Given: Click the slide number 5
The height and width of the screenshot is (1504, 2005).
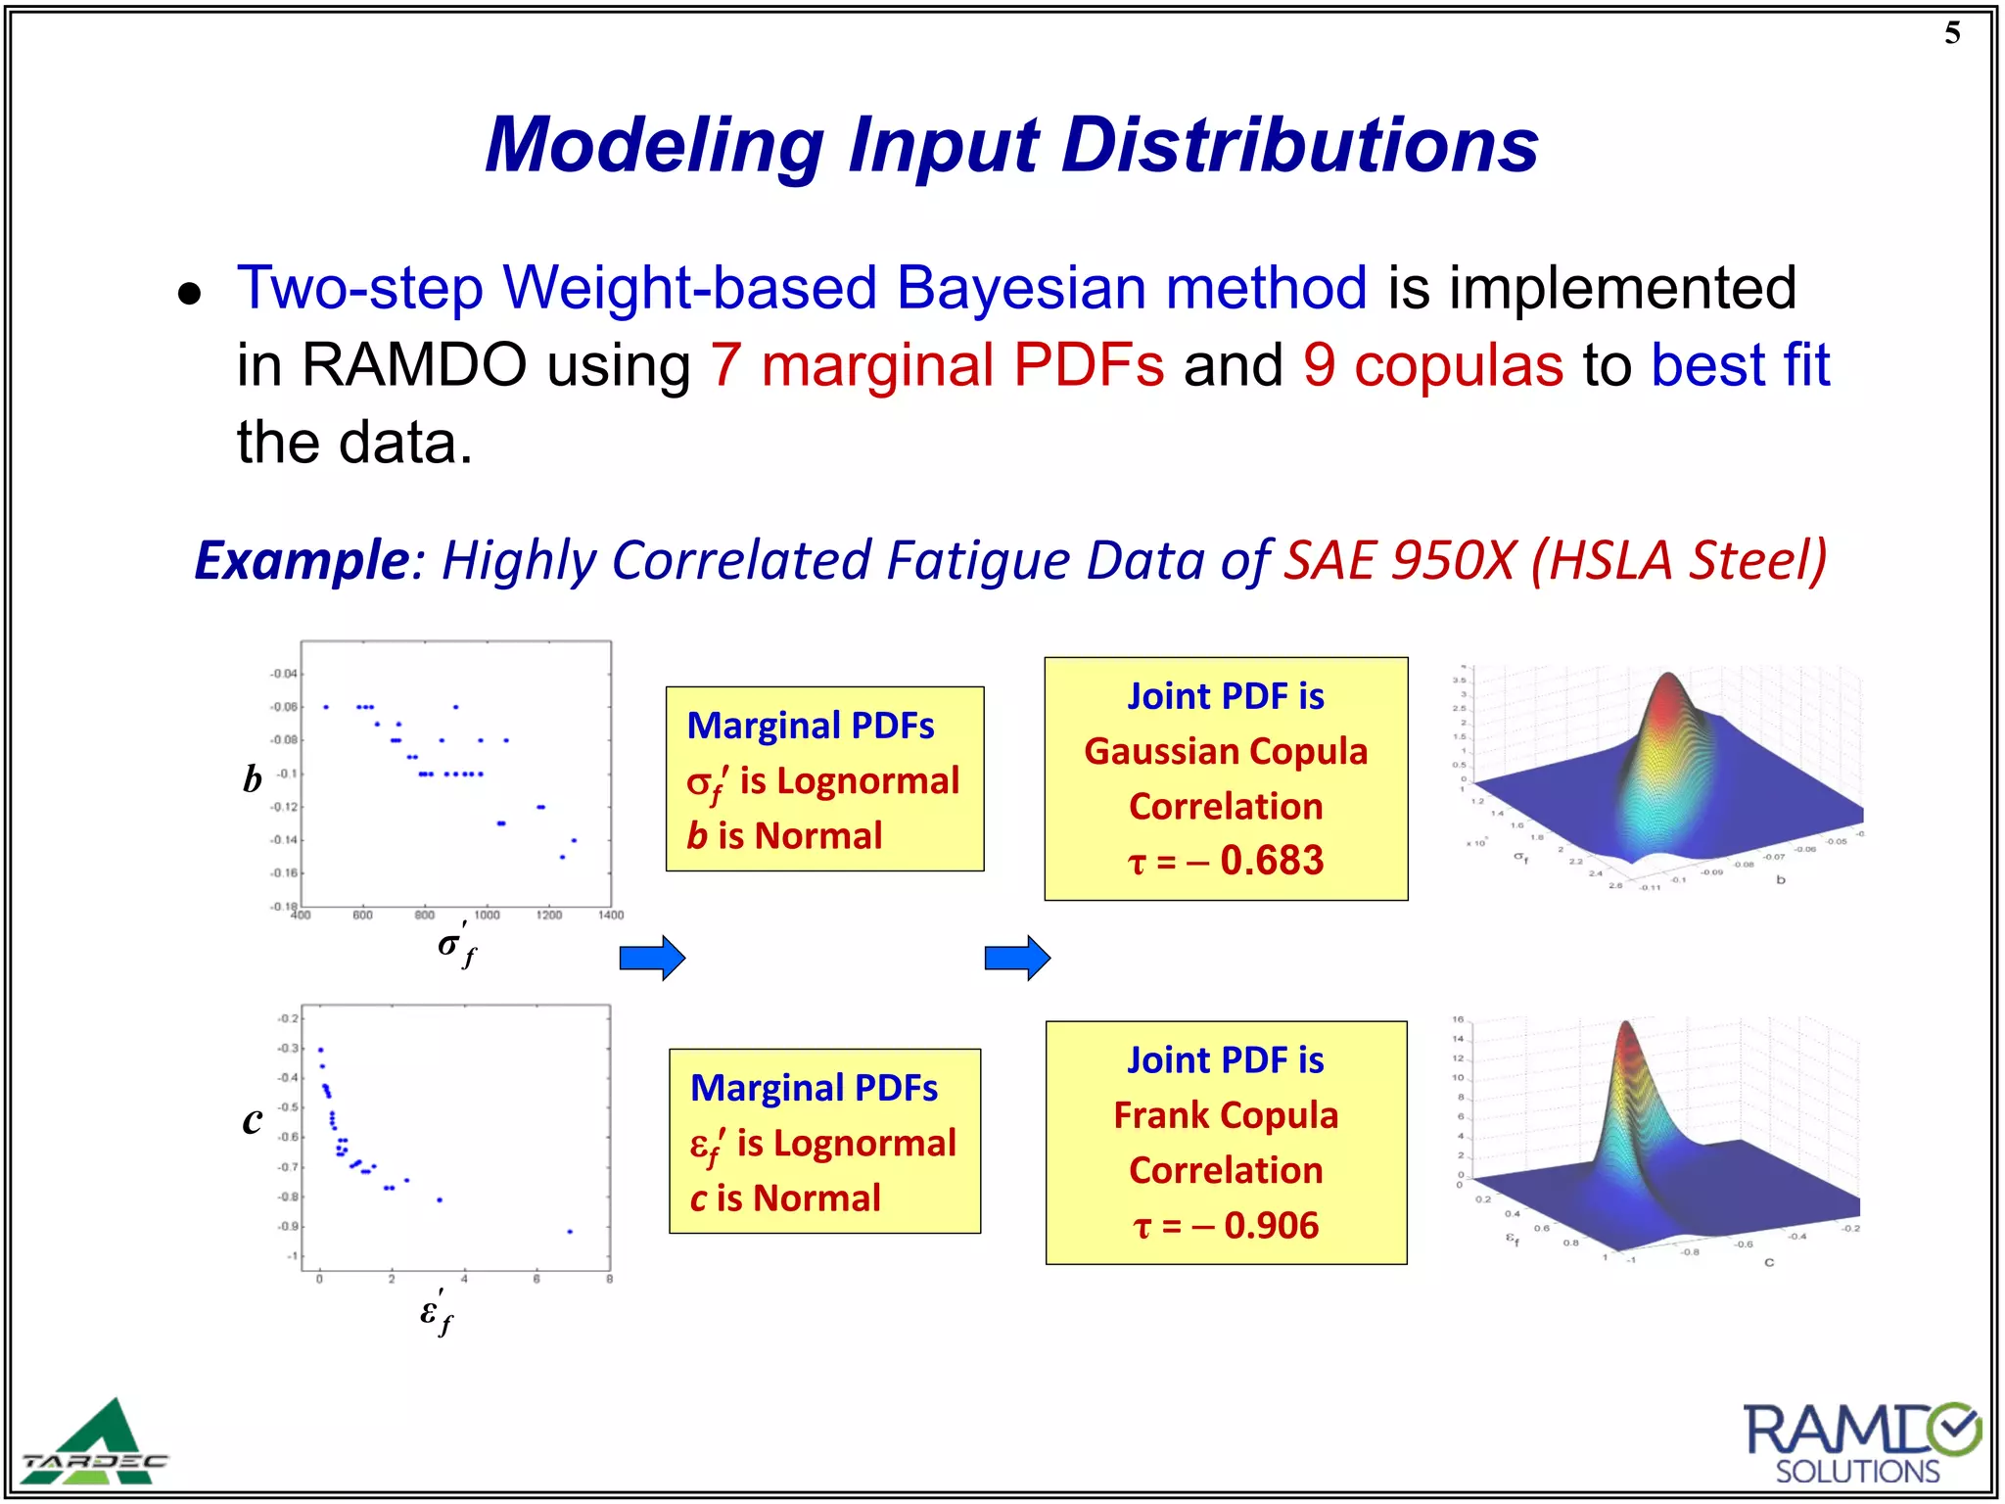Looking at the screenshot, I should [1952, 33].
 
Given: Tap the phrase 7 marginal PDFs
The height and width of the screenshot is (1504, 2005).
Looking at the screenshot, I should [937, 365].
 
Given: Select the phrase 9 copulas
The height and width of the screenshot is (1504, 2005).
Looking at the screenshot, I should [1432, 365].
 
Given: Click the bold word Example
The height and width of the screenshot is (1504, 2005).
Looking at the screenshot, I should [302, 560].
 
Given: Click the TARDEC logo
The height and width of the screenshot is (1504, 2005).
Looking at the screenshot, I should [95, 1443].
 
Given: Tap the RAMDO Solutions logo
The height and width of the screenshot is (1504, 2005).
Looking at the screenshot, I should [1860, 1443].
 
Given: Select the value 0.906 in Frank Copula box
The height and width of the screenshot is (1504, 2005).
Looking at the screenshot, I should [1271, 1225].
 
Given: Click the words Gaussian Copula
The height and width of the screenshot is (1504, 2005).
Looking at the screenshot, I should [1226, 751].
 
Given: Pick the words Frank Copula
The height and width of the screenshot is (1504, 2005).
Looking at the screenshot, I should [1226, 1115].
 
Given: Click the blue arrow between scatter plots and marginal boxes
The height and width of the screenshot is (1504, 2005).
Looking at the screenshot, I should [652, 958].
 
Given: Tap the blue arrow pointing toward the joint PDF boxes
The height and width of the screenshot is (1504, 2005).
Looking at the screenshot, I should [1017, 958].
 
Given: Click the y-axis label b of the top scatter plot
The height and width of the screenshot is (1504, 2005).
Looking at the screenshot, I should [253, 779].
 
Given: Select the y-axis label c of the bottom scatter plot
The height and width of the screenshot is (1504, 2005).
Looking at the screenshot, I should [253, 1121].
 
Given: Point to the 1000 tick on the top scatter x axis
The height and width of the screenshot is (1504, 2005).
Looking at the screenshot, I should [487, 916].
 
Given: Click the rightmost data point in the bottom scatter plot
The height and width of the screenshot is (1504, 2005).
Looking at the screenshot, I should [570, 1232].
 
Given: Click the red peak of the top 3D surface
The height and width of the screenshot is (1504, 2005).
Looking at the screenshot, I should [1668, 690].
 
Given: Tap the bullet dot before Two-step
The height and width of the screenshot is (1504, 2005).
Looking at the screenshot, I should [190, 293].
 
